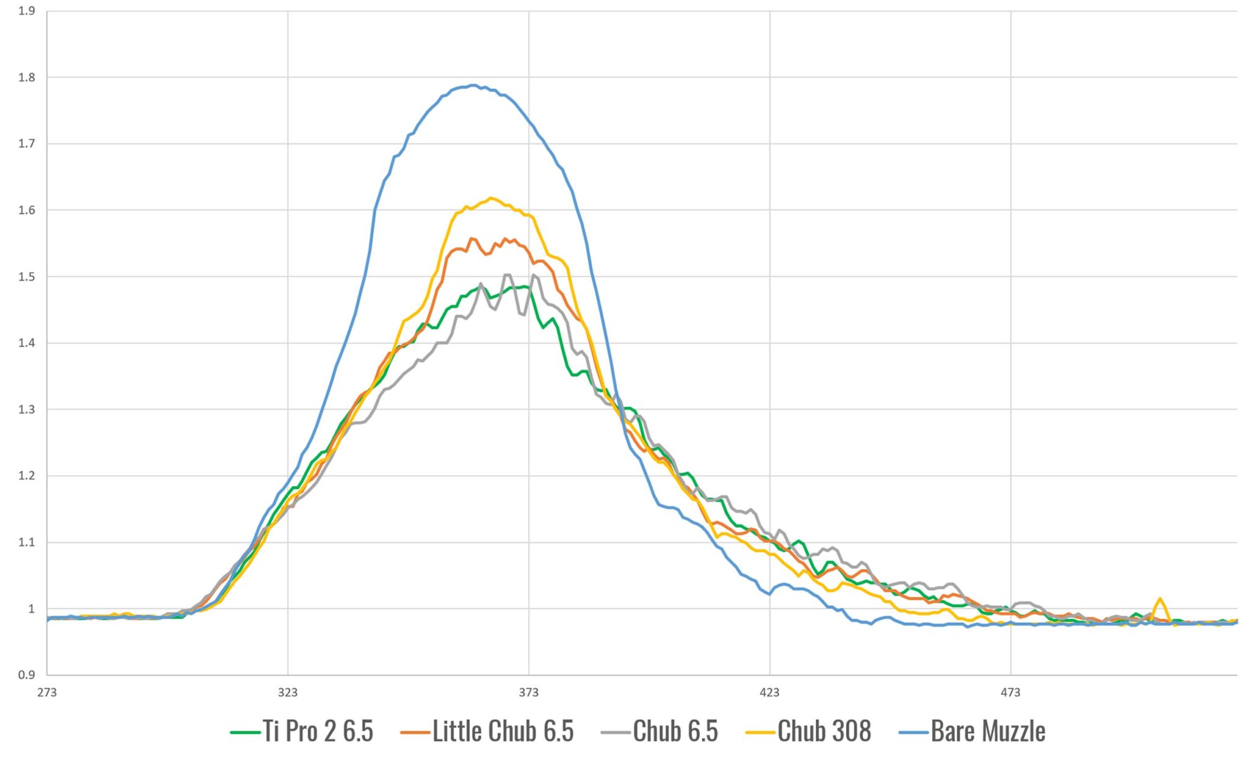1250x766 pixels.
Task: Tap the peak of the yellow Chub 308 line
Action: click(491, 198)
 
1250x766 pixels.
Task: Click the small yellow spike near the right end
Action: click(1159, 600)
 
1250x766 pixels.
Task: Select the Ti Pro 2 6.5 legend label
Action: click(317, 731)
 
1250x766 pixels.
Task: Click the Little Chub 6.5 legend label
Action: click(503, 731)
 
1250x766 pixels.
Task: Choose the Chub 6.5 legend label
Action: click(675, 731)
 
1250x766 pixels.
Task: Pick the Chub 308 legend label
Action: click(824, 731)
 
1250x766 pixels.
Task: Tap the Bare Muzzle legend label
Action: click(988, 731)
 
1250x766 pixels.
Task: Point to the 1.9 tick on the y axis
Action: click(27, 11)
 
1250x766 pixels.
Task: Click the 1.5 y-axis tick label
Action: click(27, 277)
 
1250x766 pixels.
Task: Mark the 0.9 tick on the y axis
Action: click(27, 675)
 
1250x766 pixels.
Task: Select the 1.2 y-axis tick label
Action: click(27, 476)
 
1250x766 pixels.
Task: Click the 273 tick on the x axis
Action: click(47, 693)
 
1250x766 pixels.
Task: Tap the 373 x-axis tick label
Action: click(529, 693)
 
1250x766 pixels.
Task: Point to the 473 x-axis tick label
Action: click(1010, 693)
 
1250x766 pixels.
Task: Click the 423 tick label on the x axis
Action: click(770, 693)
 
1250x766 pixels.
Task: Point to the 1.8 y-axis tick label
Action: click(27, 78)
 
